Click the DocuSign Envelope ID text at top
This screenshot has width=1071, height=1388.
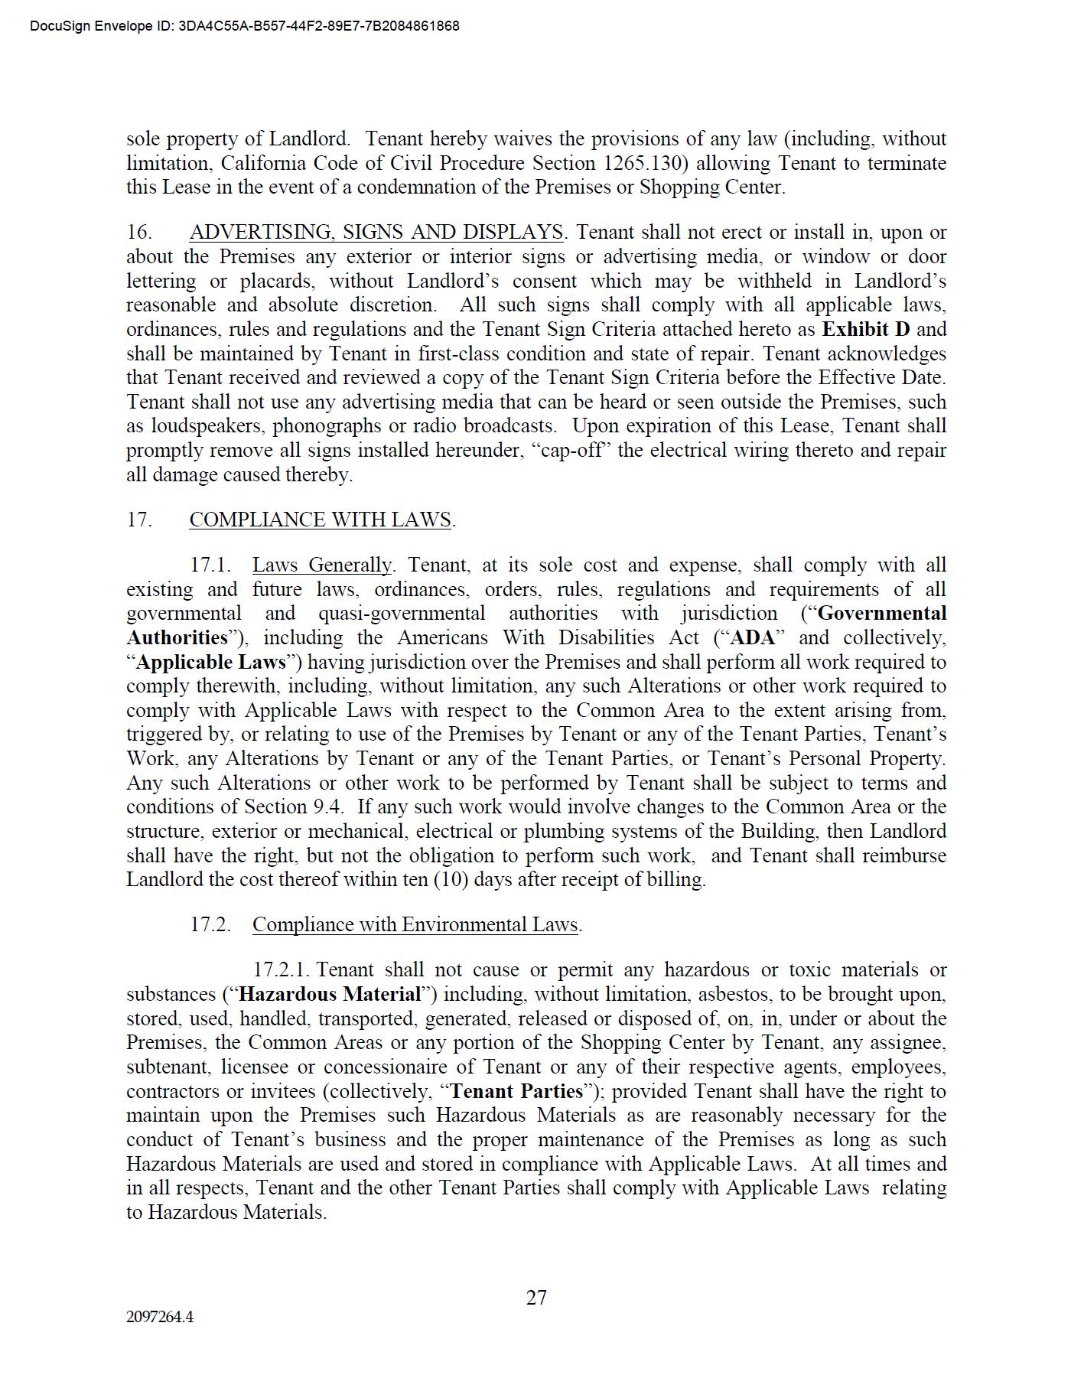coord(245,26)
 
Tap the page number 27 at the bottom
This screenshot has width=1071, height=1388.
coord(536,1298)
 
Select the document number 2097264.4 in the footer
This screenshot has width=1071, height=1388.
coord(160,1317)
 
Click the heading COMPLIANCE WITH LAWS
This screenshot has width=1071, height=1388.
coord(321,520)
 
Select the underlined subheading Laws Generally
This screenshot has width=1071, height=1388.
coord(321,565)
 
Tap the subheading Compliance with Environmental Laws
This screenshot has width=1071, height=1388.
coord(415,924)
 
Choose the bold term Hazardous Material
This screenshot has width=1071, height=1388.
coord(330,994)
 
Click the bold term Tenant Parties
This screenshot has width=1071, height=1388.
coord(517,1091)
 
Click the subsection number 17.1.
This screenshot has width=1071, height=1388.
coord(210,565)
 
